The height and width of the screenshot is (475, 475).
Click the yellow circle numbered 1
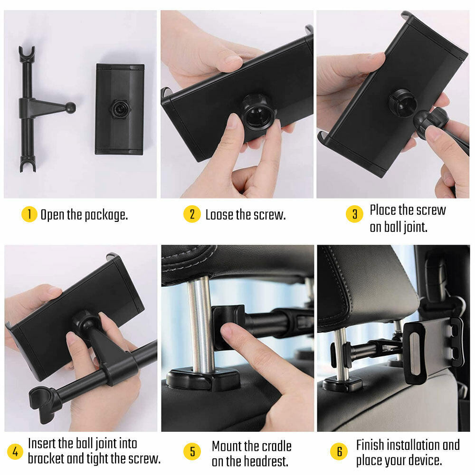(x=29, y=214)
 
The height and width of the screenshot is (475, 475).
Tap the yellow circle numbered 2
(x=192, y=214)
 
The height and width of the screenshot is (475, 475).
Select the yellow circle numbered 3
(x=354, y=214)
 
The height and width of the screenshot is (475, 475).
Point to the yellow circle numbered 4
(x=15, y=451)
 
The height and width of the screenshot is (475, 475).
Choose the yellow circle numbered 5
(x=192, y=451)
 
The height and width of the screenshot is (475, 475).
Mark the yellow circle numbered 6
(x=339, y=451)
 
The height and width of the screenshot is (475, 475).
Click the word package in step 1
(x=106, y=215)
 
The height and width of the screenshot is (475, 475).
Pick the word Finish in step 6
(x=369, y=445)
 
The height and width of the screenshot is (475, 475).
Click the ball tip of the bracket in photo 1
(x=71, y=107)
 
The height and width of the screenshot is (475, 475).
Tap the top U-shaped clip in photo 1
(x=27, y=54)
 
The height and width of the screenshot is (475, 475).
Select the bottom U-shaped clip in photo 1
(x=28, y=163)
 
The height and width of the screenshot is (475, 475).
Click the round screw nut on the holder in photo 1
(x=121, y=109)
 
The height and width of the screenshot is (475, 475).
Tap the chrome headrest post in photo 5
(x=200, y=323)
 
